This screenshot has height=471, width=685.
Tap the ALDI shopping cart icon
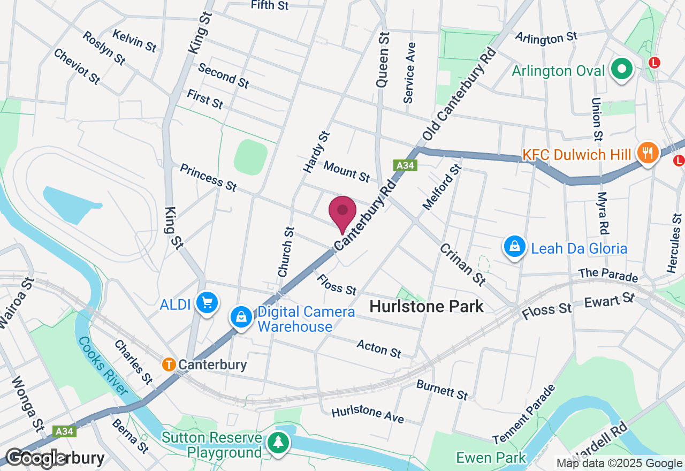pyautogui.click(x=207, y=303)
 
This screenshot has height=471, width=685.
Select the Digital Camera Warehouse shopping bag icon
pyautogui.click(x=241, y=317)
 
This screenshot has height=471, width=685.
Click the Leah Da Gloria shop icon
pyautogui.click(x=514, y=246)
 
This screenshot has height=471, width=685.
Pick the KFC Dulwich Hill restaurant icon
pyautogui.click(x=648, y=153)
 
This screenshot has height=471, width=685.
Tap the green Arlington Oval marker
pyautogui.click(x=622, y=69)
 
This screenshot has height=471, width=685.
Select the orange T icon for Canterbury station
pyautogui.click(x=169, y=365)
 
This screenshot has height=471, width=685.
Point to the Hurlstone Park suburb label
pyautogui.click(x=427, y=306)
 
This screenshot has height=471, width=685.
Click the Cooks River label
pyautogui.click(x=103, y=366)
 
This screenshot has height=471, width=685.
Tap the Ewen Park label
pyautogui.click(x=491, y=458)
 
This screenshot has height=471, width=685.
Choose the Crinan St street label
pyautogui.click(x=463, y=264)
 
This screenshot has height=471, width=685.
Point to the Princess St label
pyautogui.click(x=208, y=177)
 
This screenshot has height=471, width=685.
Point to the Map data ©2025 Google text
pyautogui.click(x=619, y=464)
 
